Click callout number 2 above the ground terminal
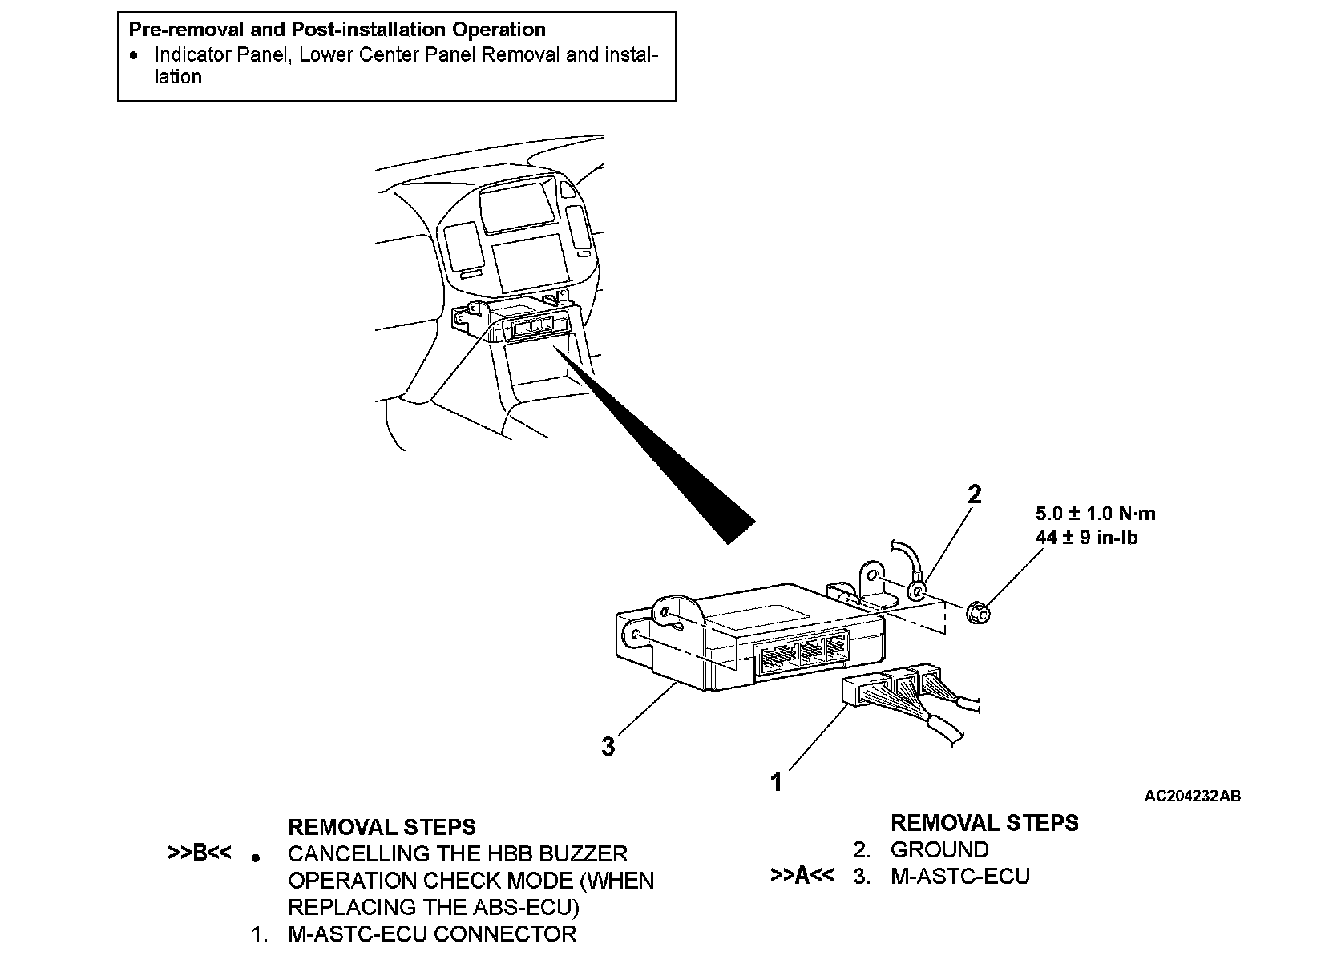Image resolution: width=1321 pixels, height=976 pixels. [974, 494]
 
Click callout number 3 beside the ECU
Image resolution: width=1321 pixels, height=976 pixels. [608, 747]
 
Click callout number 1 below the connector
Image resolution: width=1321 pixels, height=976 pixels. [776, 781]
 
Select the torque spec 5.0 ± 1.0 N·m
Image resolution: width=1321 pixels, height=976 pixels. [1095, 514]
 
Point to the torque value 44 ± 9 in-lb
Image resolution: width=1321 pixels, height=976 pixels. [1086, 537]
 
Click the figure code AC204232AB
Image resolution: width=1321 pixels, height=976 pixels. [1192, 796]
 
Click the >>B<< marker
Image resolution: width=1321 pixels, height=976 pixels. [199, 853]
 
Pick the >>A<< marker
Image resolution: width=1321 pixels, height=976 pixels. [802, 875]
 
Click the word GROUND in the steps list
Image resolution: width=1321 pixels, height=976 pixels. [939, 849]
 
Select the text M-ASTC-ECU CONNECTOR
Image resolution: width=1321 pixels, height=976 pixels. [432, 934]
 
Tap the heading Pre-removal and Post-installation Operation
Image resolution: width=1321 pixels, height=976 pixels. [337, 30]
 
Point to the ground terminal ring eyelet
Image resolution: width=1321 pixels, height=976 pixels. [917, 592]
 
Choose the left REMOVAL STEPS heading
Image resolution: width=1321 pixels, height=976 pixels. [382, 827]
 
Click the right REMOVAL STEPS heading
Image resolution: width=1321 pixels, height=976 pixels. [984, 823]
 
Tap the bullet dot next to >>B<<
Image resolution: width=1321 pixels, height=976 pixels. [255, 858]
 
